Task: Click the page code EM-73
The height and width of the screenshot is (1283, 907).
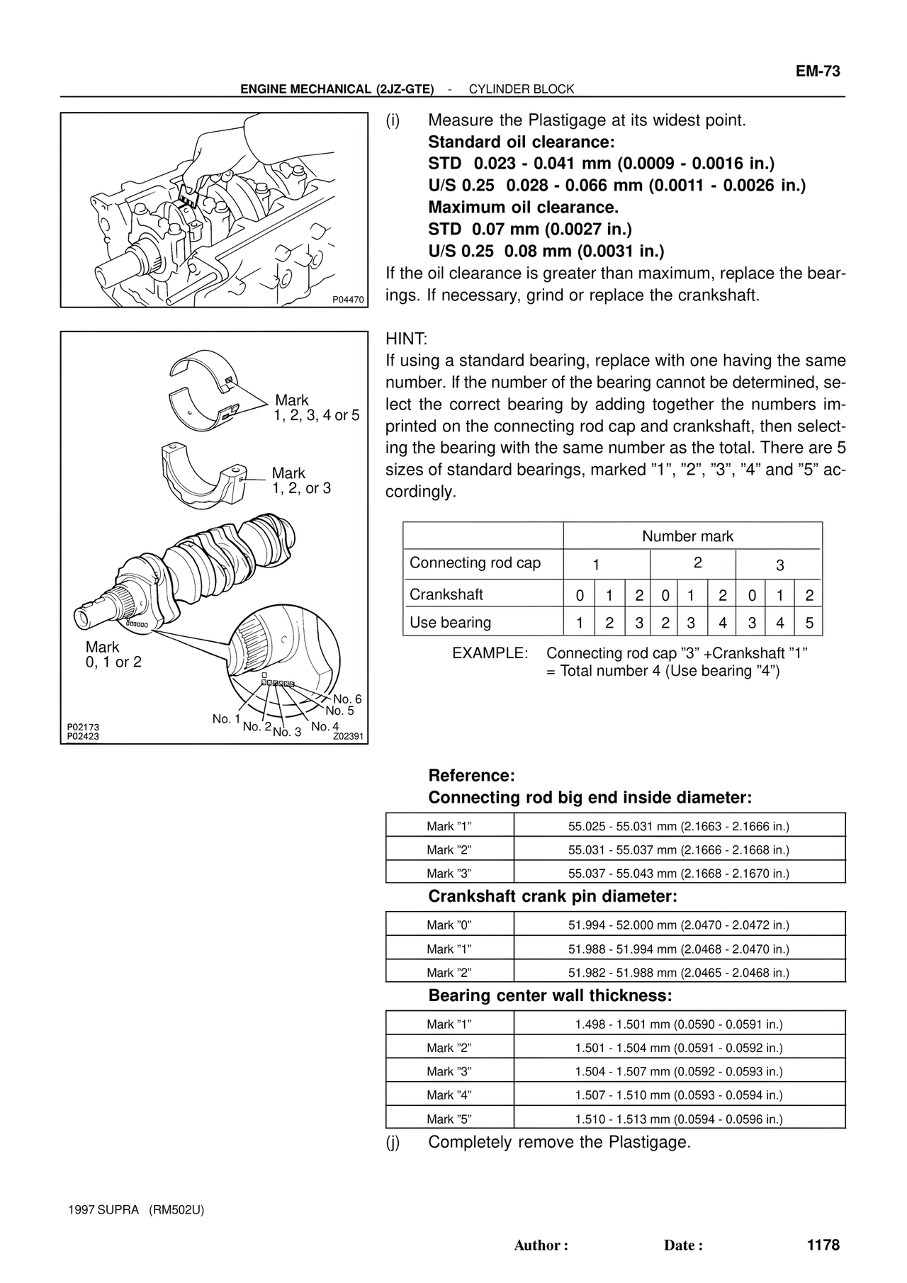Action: [x=817, y=72]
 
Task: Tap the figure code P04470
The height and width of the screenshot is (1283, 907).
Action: [x=349, y=300]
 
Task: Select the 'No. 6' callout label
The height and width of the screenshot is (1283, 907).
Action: [x=347, y=699]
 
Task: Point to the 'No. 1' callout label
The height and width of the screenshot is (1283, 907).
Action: [x=227, y=719]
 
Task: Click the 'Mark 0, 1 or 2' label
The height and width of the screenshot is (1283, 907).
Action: [x=113, y=655]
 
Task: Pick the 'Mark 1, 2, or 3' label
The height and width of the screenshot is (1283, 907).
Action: [x=301, y=480]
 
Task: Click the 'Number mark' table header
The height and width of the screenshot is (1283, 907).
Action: [x=687, y=536]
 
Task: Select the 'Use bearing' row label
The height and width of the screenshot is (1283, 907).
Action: [x=450, y=623]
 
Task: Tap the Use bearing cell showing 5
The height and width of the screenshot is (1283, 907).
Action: [x=809, y=623]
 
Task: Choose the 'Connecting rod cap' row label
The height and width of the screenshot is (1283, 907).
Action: [x=475, y=563]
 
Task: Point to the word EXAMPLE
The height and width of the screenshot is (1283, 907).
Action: [x=490, y=653]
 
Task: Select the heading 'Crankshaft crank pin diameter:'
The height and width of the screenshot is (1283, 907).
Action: [x=553, y=896]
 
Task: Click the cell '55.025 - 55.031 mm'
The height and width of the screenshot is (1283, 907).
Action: [x=678, y=826]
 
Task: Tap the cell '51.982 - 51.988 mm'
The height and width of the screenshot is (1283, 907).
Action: [x=678, y=973]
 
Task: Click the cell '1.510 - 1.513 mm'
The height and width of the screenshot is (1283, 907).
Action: [x=678, y=1119]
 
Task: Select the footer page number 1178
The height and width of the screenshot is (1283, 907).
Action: [x=822, y=1245]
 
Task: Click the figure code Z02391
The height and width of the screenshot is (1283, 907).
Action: [x=348, y=736]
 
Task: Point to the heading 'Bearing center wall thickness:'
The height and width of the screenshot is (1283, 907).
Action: [x=550, y=995]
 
